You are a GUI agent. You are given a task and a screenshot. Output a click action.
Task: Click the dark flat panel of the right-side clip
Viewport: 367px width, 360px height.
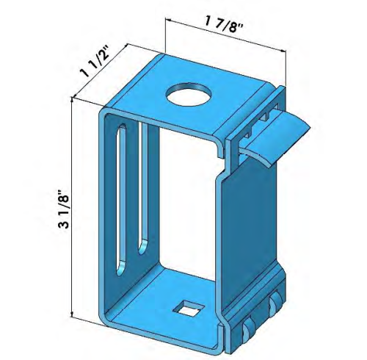tap(253, 228)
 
